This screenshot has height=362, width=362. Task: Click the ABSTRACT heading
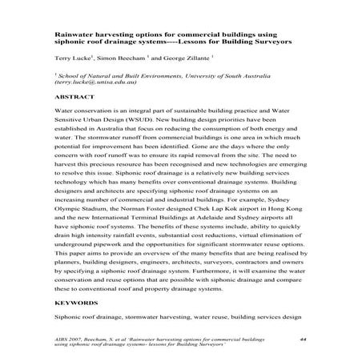73,95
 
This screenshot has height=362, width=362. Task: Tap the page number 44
303,340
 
